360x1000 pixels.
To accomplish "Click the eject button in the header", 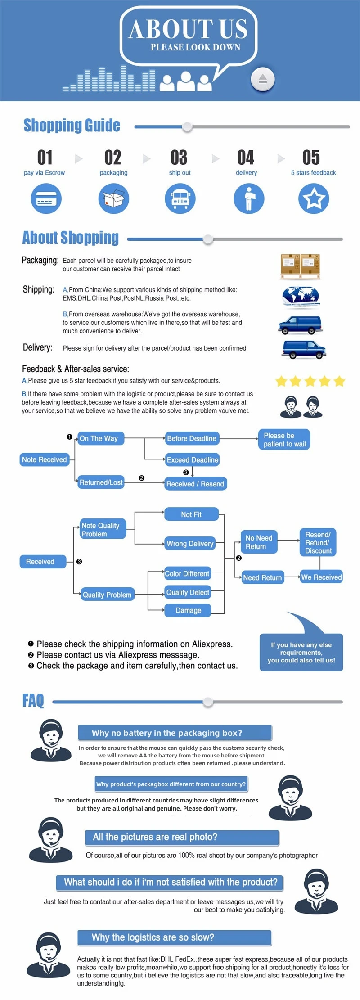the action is tap(262, 79).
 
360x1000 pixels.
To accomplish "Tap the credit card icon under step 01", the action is tap(46, 198).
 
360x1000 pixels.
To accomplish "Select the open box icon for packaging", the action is tap(114, 198).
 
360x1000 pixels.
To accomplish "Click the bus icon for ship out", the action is tap(180, 198).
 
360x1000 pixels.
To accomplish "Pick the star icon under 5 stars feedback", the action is tap(314, 198).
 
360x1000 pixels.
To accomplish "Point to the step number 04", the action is tap(246, 158).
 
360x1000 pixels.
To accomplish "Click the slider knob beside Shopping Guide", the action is tap(187, 127).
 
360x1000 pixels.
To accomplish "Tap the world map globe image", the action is tap(301, 297).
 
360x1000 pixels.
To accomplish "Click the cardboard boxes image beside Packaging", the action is tap(301, 266).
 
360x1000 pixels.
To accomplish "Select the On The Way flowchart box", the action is tap(99, 438).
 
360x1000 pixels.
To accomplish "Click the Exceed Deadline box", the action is tap(192, 459).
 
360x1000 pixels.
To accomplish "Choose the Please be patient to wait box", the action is tap(284, 440).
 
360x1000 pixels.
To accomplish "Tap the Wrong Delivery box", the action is tap(190, 543).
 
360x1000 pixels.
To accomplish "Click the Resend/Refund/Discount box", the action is tap(318, 542).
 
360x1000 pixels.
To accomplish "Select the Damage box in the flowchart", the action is tap(188, 610).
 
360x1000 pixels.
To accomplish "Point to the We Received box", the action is tap(321, 577).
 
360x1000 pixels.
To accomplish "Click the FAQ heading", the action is tap(33, 700).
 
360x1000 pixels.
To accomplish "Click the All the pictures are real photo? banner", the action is tap(182, 837).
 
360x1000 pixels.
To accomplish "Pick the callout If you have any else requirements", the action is tap(301, 652).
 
